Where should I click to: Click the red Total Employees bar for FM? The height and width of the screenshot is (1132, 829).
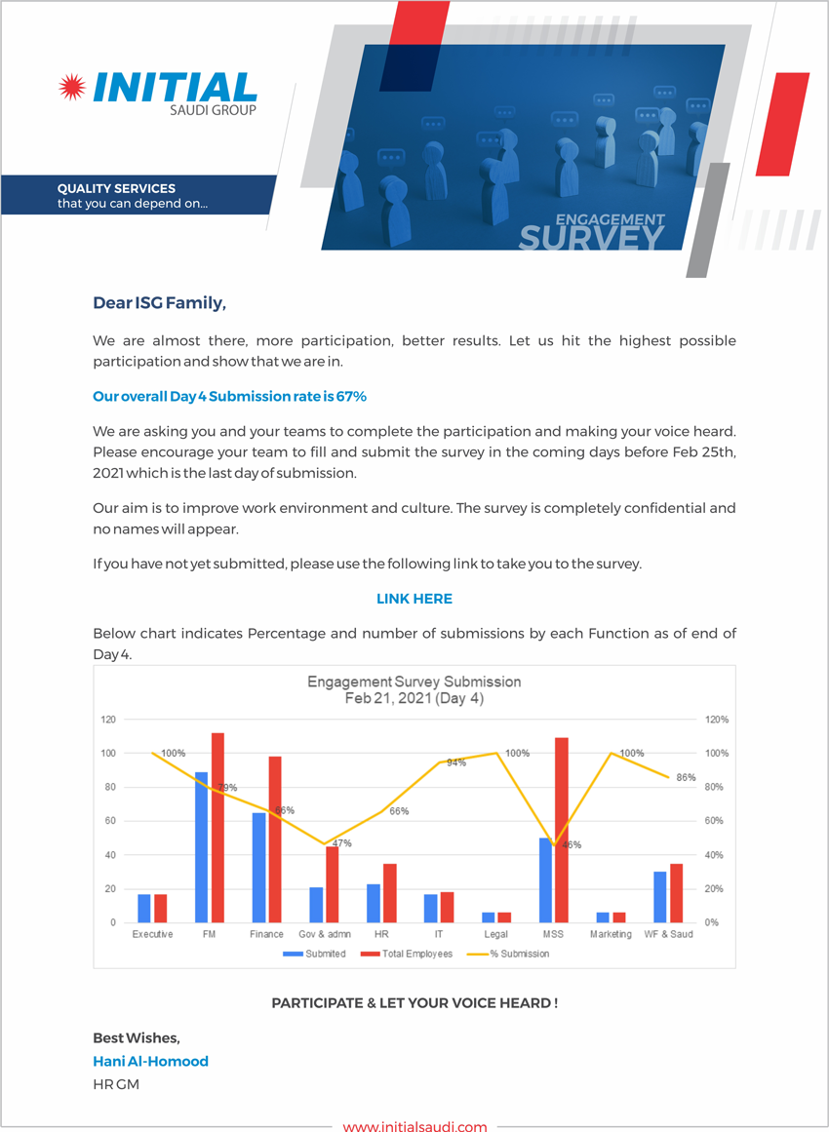217,828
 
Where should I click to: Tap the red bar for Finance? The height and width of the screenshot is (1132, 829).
274,839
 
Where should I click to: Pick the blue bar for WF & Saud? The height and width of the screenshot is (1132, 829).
660,897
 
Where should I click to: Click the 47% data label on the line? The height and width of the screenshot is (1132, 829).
342,843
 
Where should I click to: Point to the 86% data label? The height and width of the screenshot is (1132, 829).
686,777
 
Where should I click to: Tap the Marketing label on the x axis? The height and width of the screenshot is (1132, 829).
611,934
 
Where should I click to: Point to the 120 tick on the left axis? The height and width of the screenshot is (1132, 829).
108,720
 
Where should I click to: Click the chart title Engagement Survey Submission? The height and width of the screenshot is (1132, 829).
414,682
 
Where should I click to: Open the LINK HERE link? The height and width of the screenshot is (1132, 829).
414,599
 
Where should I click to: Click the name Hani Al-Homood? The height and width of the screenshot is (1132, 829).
151,1061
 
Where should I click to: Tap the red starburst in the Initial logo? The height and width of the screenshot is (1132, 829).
72,88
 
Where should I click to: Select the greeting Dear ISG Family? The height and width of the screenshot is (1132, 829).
160,303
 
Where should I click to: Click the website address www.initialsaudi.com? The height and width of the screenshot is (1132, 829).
414,1126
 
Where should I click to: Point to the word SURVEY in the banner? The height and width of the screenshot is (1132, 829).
591,238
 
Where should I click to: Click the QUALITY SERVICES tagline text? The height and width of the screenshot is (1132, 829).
116,189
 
